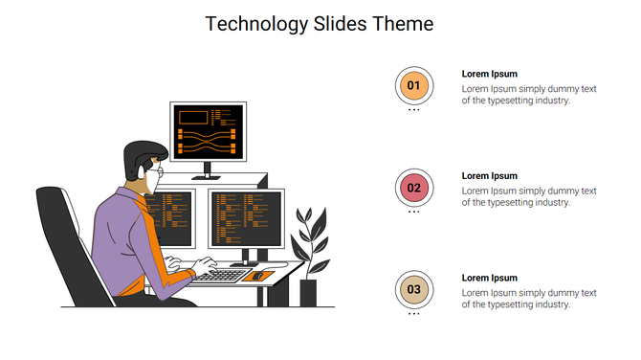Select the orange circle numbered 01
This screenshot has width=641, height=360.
tap(413, 86)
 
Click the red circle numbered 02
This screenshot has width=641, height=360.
tap(413, 189)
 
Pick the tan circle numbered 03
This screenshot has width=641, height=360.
tap(413, 289)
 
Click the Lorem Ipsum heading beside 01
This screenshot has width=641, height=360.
tap(489, 74)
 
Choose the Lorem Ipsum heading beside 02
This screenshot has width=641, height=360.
tap(489, 176)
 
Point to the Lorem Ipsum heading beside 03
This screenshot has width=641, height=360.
tap(489, 278)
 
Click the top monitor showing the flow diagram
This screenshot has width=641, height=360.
tap(209, 131)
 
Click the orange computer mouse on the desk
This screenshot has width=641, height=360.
tap(258, 276)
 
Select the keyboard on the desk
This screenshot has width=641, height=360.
tap(223, 276)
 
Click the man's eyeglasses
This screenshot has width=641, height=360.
tap(158, 171)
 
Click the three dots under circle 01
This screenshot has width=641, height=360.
tap(413, 110)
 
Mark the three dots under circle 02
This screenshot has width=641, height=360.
tap(413, 213)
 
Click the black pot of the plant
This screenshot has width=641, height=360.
tap(308, 292)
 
